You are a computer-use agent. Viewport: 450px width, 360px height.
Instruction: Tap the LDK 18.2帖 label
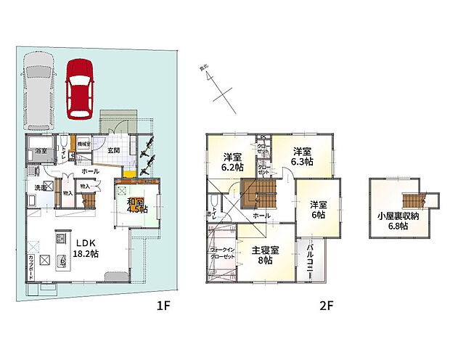tap(87, 247)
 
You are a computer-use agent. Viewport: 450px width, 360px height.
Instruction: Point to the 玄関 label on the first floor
tap(114, 150)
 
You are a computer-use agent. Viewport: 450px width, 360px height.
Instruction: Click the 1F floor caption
tap(163, 306)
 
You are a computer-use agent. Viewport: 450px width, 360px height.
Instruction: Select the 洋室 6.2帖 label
tap(232, 160)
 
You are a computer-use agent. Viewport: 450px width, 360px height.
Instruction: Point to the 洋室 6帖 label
tap(318, 209)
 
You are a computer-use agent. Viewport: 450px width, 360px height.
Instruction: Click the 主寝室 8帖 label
tap(266, 255)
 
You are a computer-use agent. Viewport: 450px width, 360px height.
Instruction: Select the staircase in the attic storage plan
tap(412, 200)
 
